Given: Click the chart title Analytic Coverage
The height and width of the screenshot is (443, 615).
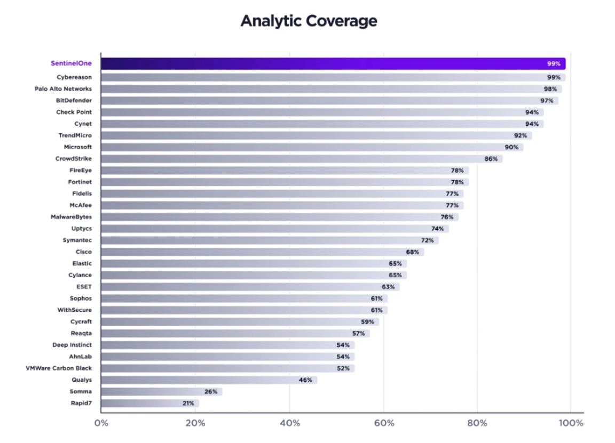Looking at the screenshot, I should coord(309,21).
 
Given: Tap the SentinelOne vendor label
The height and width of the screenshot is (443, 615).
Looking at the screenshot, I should coord(70,63).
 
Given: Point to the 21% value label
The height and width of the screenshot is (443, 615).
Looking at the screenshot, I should coord(188,404).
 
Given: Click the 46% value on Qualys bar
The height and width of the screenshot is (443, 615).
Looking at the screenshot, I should coord(305,380).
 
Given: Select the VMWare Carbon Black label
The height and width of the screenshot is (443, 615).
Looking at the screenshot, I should coord(59,368).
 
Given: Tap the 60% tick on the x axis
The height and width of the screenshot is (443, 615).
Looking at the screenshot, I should coord(384,423).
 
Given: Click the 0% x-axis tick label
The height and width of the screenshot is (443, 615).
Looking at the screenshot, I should coord(101,423).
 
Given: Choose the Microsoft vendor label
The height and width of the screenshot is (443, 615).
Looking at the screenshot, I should coord(78,147).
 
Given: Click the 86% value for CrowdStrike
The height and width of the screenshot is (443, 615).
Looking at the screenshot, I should coord(491,159).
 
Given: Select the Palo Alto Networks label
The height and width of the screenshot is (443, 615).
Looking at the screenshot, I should coord(63,89).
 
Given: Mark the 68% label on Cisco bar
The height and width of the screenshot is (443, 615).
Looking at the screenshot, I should coord(412,252).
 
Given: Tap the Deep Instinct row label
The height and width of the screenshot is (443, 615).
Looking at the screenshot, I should coord(72,345).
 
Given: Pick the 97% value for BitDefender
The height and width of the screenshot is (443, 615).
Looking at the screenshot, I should coord(547,101).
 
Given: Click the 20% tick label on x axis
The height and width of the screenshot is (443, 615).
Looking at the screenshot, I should coord(195,423).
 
